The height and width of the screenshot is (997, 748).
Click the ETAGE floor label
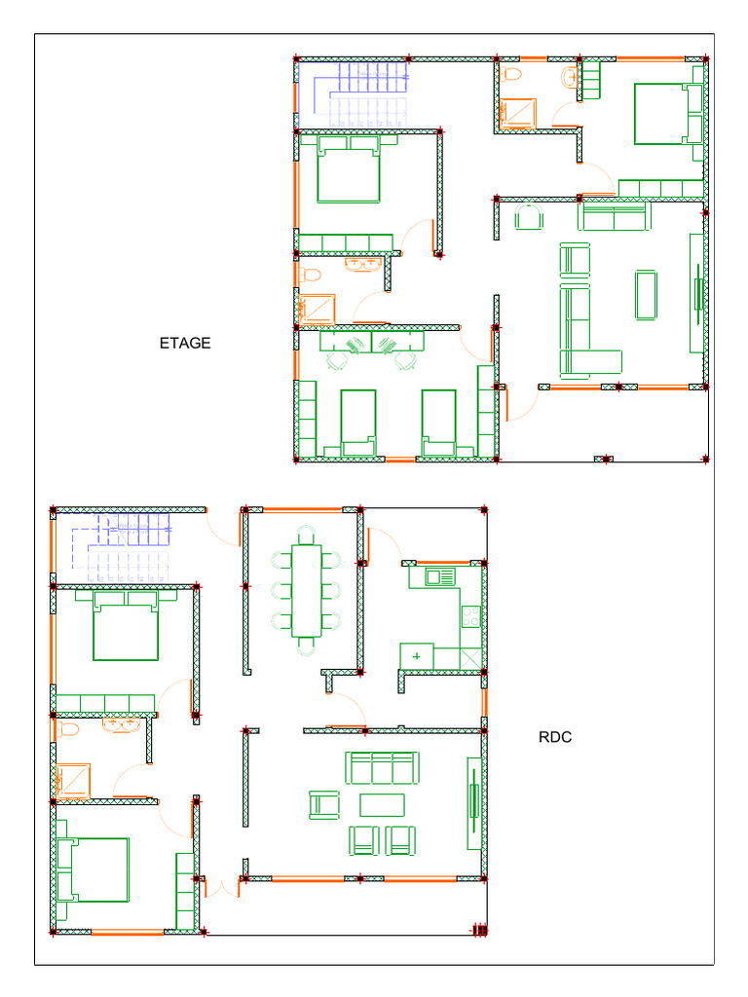pos(184,344)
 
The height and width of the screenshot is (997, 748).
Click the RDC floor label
pos(554,737)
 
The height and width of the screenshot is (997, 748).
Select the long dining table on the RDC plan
pos(307,591)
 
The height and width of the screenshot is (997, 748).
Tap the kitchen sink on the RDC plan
pos(440,576)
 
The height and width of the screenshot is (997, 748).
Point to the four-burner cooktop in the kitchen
pos(470,615)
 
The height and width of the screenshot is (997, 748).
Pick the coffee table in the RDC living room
pos(382,805)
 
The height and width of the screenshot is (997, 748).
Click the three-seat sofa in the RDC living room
pos(382,768)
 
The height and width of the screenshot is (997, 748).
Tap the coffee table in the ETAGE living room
pos(646,295)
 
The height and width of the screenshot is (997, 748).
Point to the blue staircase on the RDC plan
pos(121,547)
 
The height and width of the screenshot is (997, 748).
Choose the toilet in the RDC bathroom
pos(67,728)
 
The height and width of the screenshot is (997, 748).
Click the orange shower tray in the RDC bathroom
pos(72,781)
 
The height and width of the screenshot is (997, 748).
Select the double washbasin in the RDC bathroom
pos(121,724)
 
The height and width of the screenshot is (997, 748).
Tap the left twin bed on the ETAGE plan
pos(358,423)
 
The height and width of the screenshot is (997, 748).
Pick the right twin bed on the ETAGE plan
pos(439,423)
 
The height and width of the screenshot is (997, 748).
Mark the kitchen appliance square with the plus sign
pos(417,655)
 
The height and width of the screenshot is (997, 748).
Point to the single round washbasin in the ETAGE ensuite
pos(570,78)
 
